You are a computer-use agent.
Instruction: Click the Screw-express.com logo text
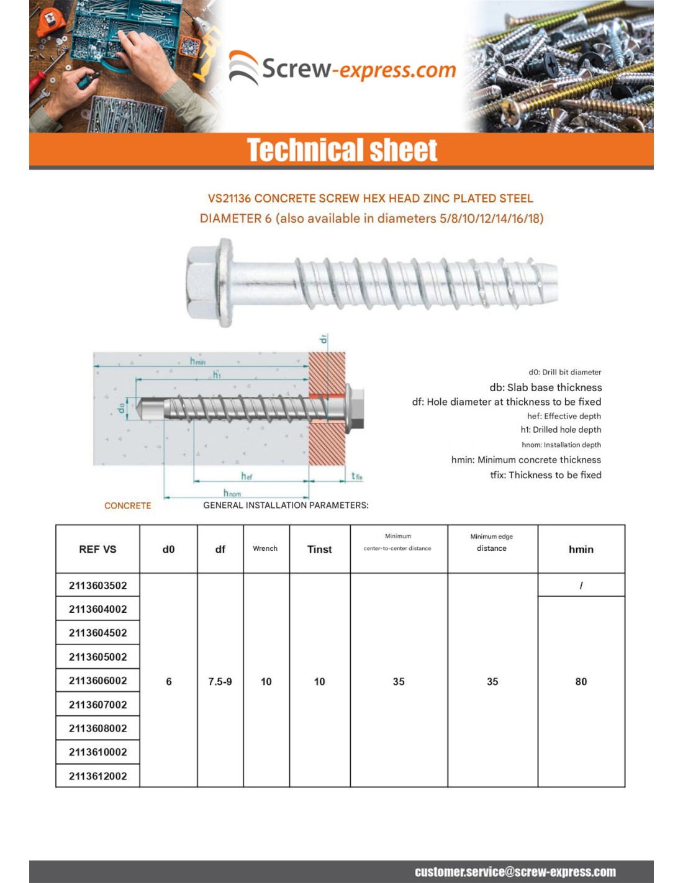point(358,69)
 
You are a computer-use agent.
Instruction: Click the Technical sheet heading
point(342,150)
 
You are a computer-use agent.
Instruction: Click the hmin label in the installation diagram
point(197,361)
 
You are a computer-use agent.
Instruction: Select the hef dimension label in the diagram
point(247,476)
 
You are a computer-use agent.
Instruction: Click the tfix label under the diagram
point(356,476)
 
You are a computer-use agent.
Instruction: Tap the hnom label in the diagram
point(232,493)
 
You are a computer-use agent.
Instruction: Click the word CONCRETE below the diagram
point(127,505)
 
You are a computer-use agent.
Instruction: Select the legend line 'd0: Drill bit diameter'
point(564,372)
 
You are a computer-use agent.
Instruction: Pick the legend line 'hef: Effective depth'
point(564,416)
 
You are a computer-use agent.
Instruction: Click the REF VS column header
point(97,549)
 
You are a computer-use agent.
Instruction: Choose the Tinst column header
point(319,549)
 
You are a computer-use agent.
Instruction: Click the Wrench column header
point(265,548)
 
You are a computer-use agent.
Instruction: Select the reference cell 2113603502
point(97,585)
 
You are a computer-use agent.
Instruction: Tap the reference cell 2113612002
point(97,776)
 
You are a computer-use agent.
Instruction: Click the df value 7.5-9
point(220,681)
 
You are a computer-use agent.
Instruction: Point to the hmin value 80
point(581,681)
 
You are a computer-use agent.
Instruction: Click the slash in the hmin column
point(581,585)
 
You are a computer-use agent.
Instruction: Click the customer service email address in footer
point(515,872)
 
